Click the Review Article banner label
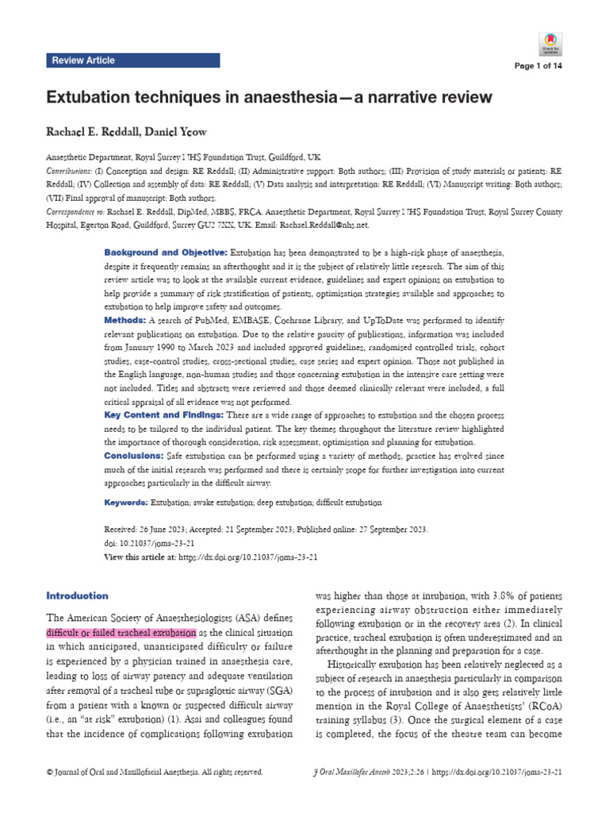pos(82,60)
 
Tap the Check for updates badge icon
pos(550,43)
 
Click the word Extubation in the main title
pos(92,98)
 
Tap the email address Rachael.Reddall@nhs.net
pos(322,226)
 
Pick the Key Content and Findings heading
pos(164,415)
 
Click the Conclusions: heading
pos(133,456)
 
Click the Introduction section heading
pos(78,595)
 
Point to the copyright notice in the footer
pos(155,772)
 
